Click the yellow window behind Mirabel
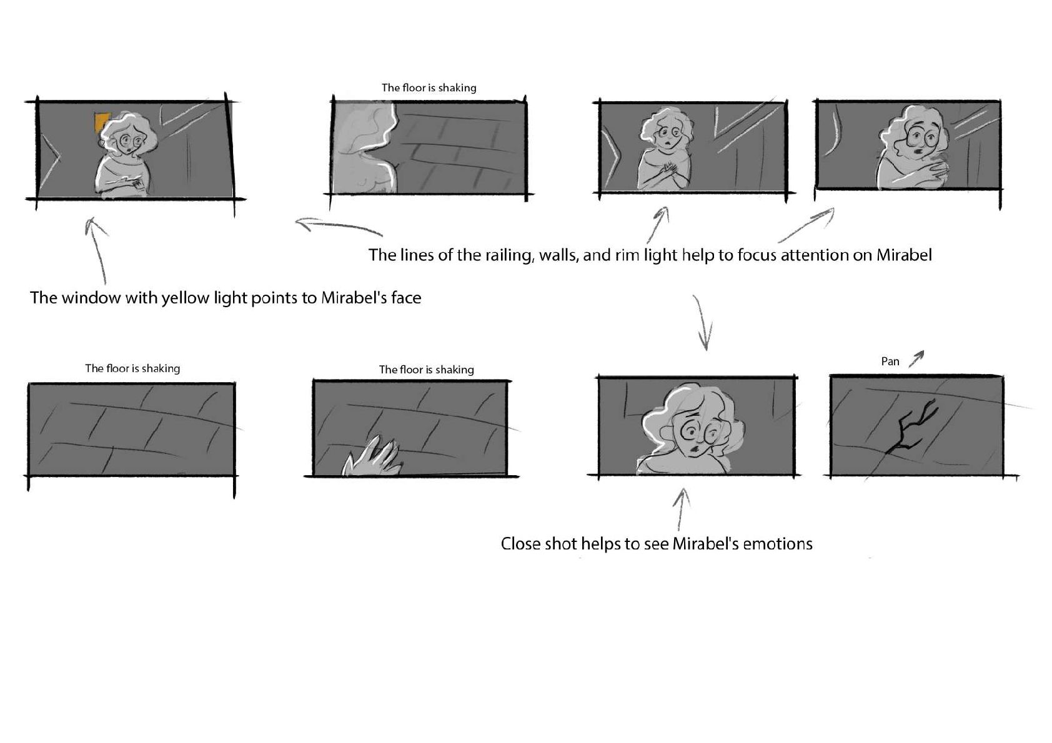click(x=101, y=122)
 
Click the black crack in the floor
click(x=910, y=426)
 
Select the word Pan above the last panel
click(x=890, y=362)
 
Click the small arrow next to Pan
click(x=916, y=358)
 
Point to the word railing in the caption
click(x=507, y=255)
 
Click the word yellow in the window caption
click(x=185, y=298)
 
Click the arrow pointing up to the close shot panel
click(x=680, y=509)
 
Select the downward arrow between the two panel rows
click(x=703, y=322)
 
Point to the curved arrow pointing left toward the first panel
click(x=338, y=224)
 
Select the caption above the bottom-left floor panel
click(x=132, y=368)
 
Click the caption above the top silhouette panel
click(x=429, y=88)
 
